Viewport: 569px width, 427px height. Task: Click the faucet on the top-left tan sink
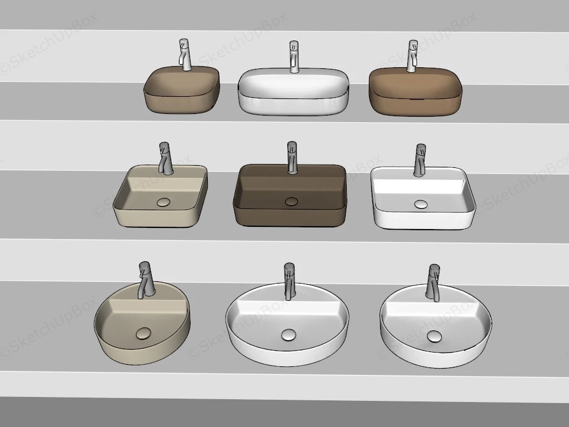pos(185,56)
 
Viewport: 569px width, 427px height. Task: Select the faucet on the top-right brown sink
pos(412,57)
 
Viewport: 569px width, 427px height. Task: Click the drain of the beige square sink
pos(163,202)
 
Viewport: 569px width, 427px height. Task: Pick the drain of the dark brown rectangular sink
pos(292,202)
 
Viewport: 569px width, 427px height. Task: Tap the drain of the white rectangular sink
pos(420,203)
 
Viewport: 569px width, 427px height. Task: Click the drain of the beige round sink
pos(144,334)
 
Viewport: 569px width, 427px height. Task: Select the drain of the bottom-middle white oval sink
pos(288,335)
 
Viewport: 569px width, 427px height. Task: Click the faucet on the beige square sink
pos(165,159)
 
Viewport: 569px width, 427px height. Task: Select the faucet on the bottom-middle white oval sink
pos(289,281)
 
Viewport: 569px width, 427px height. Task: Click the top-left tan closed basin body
pos(181,92)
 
